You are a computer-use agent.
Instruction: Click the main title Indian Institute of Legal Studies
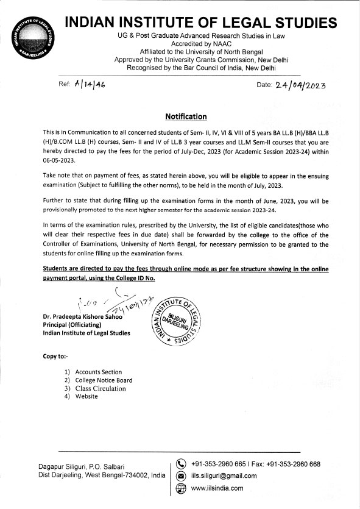(200, 23)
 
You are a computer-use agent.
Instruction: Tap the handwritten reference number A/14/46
(88, 85)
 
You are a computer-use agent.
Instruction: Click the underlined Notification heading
(186, 116)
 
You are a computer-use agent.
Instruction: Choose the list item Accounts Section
(98, 372)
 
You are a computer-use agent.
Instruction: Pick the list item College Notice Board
(104, 380)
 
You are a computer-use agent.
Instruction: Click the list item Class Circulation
(100, 388)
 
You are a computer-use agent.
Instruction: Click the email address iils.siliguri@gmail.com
(224, 476)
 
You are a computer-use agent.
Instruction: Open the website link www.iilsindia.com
(217, 488)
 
